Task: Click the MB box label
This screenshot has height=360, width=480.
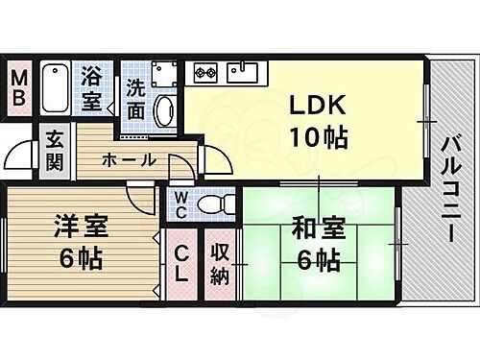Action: [18, 87]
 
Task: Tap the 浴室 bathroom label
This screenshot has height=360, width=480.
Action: [93, 87]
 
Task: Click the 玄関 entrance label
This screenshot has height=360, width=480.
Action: [53, 152]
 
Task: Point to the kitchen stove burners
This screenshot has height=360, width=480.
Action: [207, 71]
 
